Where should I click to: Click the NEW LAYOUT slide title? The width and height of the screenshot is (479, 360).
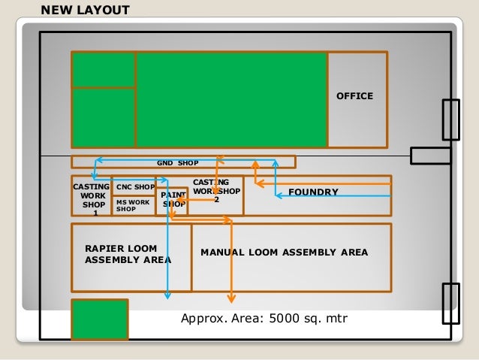click(84, 10)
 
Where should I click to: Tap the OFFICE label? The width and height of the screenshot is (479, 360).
click(354, 96)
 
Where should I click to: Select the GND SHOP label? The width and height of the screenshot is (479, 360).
click(177, 162)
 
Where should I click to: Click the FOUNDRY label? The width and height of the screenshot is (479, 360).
click(312, 192)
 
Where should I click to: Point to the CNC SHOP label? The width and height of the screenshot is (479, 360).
click(135, 186)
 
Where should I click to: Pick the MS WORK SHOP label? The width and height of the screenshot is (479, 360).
click(133, 205)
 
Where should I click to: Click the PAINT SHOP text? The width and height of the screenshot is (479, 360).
click(174, 199)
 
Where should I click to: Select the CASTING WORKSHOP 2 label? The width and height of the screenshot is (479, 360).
click(216, 190)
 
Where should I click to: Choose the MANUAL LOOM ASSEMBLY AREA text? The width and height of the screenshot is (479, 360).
click(284, 253)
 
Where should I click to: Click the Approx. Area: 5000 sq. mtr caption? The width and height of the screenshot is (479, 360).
click(264, 319)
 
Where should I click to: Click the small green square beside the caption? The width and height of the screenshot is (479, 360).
click(99, 319)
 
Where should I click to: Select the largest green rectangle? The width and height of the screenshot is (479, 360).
click(230, 99)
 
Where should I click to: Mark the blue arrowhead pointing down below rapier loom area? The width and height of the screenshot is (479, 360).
click(167, 293)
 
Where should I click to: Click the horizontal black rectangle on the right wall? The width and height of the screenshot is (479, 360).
click(430, 155)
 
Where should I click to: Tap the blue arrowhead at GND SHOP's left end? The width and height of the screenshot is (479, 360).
click(97, 160)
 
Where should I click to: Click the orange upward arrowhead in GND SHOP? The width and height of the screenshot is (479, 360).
click(255, 163)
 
